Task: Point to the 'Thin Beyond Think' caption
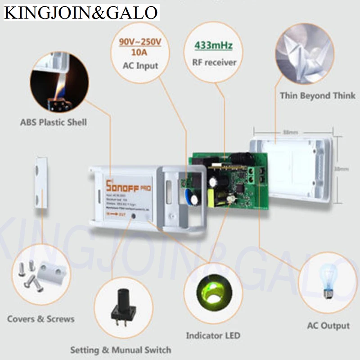317,95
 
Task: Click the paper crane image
305,54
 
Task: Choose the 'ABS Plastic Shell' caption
54,122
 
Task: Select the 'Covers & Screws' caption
40,319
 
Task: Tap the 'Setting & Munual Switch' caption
121,350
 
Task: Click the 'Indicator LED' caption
213,335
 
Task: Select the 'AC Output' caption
328,325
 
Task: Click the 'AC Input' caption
140,66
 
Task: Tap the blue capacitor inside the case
189,196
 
